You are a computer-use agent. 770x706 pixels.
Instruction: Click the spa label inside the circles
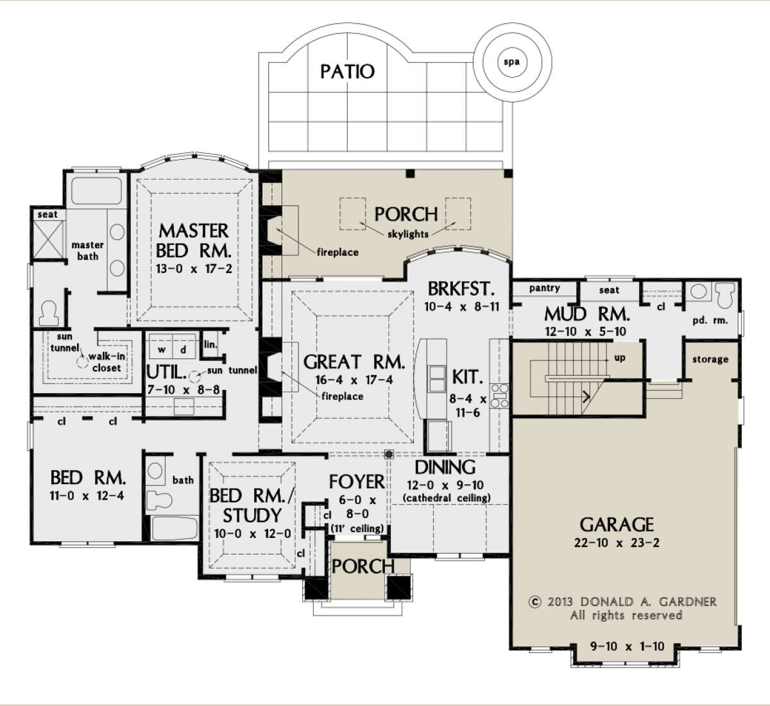click(511, 62)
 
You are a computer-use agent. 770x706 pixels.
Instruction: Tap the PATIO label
click(347, 72)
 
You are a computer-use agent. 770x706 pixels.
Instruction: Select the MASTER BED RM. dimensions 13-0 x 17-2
click(194, 269)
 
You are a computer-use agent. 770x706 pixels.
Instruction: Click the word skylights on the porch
click(407, 233)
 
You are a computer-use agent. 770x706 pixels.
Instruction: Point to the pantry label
click(544, 288)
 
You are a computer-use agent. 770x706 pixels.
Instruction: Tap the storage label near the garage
click(710, 360)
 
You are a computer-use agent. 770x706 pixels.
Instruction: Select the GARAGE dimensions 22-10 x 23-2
click(617, 543)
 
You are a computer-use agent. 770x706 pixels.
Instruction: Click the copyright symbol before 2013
click(535, 601)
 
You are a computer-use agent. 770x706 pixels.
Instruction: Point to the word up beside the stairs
click(620, 358)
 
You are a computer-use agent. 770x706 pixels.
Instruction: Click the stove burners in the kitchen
click(500, 396)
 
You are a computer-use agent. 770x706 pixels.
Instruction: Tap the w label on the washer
click(162, 349)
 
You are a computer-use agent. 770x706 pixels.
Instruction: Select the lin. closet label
click(210, 344)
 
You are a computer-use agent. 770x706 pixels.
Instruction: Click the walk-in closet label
click(107, 362)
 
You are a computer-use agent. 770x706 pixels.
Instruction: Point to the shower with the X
click(48, 239)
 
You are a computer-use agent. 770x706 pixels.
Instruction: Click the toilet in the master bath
click(49, 314)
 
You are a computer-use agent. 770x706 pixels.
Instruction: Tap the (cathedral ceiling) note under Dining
click(447, 498)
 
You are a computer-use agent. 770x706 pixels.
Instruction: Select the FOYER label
click(357, 482)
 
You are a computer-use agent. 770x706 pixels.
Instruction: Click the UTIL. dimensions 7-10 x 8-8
click(184, 390)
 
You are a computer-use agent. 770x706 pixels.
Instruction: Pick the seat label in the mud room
click(609, 290)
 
